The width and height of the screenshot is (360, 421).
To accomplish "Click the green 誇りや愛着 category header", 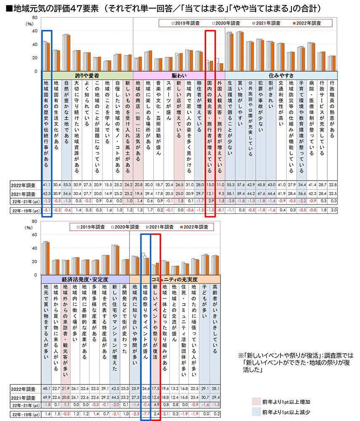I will tap(87, 75).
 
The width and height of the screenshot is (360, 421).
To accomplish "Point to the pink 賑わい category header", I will tap(179, 75).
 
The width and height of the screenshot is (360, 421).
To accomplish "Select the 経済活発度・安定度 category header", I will tap(85, 279).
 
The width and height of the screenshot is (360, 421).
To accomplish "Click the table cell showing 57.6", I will tap(241, 185).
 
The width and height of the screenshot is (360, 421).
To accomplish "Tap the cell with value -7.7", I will tap(146, 414).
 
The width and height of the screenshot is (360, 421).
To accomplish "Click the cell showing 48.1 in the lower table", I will tap(46, 388).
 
